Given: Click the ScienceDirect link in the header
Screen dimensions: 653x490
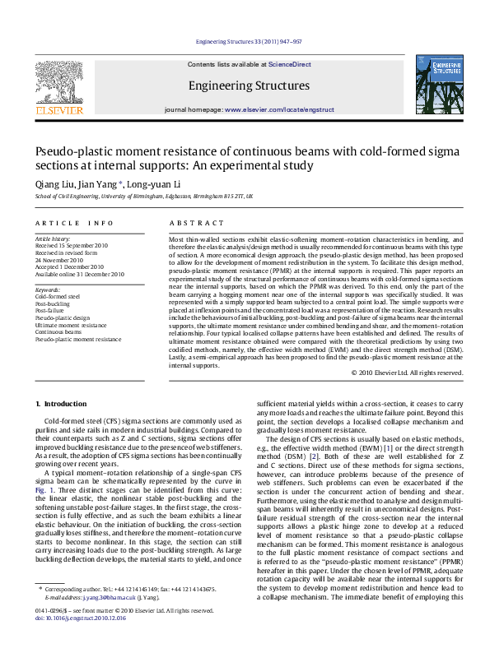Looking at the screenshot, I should coord(289,63).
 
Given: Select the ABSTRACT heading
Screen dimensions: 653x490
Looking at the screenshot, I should coord(197,223).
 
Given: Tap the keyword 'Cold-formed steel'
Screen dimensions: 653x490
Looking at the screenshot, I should coord(58,295).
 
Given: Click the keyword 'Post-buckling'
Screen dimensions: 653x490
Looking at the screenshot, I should coord(52,303).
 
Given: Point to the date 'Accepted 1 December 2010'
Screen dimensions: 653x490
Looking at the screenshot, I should coord(69,267).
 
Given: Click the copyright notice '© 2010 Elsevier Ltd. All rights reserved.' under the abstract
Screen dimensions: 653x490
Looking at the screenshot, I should coord(407,372).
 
